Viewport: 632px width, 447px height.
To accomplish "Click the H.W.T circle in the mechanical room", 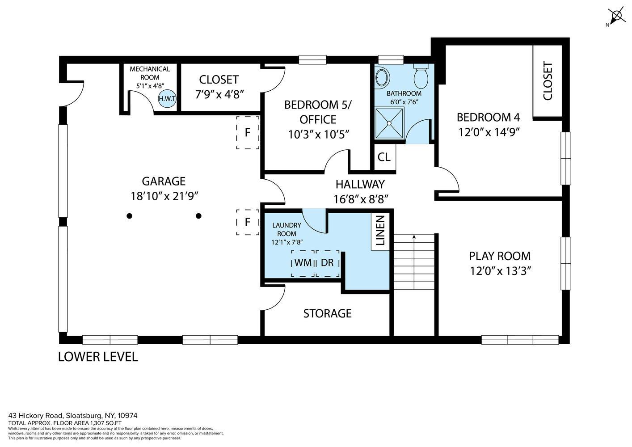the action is click(167, 98).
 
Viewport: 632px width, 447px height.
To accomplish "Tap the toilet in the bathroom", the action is click(421, 76).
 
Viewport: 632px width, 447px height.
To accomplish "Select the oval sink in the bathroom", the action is click(382, 76).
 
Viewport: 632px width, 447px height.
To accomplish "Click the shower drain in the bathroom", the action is click(389, 123).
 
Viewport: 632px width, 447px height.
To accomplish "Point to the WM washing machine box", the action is click(303, 263).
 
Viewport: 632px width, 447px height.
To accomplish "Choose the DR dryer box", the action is click(328, 263).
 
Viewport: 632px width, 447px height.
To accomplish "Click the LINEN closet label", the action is click(380, 230).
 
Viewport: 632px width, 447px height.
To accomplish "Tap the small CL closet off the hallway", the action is click(385, 157).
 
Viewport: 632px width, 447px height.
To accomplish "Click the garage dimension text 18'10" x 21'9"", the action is click(164, 196).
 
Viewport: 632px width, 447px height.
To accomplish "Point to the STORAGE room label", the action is click(327, 313).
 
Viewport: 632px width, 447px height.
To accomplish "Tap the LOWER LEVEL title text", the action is click(98, 357).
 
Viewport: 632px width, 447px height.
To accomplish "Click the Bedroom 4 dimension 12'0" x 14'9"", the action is click(489, 132).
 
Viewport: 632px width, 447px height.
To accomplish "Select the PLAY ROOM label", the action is click(500, 256).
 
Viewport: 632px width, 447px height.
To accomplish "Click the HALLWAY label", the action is click(360, 184).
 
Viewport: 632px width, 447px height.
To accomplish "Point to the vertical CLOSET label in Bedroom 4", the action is click(548, 81).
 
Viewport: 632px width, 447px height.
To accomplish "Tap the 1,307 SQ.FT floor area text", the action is click(105, 423).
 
